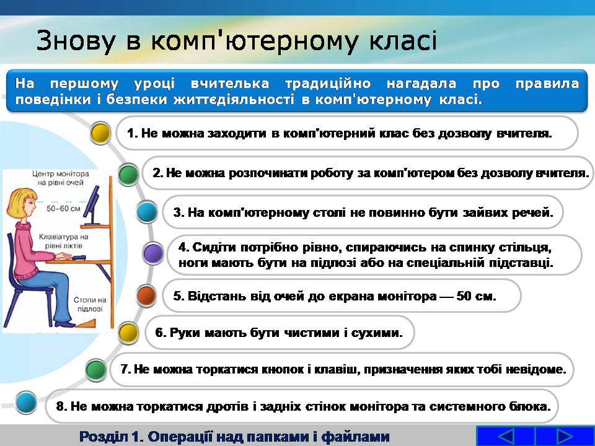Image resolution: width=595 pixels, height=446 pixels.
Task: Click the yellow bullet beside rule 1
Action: click(x=101, y=133)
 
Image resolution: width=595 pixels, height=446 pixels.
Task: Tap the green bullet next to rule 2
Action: click(x=129, y=174)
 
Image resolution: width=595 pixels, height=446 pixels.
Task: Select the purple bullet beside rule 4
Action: click(x=153, y=253)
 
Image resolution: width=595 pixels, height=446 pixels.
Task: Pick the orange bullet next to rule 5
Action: click(x=146, y=295)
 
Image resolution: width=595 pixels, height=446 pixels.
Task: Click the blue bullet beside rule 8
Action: click(x=26, y=403)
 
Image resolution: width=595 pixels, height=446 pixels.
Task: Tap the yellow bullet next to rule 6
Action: click(x=129, y=333)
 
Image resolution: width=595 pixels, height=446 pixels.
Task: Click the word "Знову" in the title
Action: click(x=76, y=40)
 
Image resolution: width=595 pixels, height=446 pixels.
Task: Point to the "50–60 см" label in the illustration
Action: click(x=63, y=208)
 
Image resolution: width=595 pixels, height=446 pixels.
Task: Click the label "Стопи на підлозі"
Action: click(x=90, y=304)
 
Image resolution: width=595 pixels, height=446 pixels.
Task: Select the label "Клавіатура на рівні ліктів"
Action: click(x=63, y=241)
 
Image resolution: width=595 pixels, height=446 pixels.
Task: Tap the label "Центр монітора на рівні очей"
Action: click(x=60, y=178)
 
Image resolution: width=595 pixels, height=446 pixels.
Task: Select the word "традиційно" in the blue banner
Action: click(x=327, y=84)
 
